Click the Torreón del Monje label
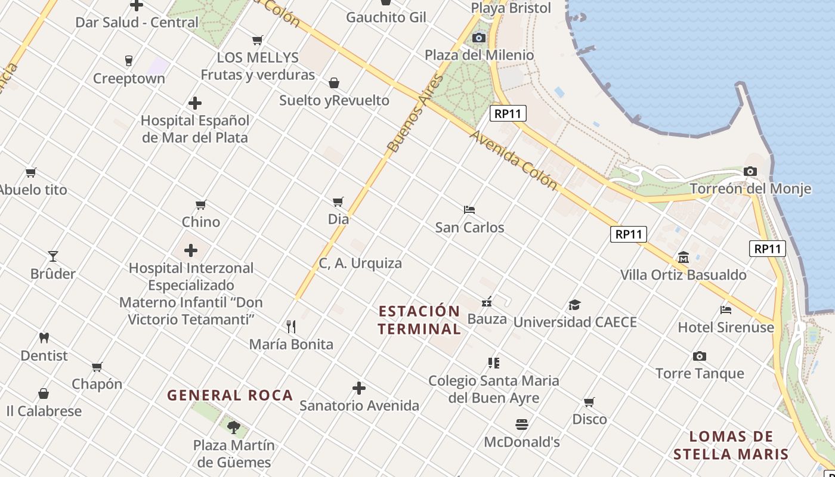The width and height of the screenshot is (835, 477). pos(750,189)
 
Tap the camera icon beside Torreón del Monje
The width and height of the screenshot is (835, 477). pos(750,172)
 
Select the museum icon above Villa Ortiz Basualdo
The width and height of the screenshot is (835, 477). pos(684,258)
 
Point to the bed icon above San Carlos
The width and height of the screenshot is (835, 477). pos(469,210)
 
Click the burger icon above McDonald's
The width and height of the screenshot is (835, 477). pos(522,425)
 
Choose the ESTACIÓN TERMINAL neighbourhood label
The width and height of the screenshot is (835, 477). pos(419,320)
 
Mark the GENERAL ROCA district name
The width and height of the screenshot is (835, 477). pos(230,395)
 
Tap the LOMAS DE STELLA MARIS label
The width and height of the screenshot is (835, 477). pos(731,445)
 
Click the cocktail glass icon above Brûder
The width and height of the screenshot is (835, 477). pos(53,256)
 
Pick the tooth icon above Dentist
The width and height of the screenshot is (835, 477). pos(44,338)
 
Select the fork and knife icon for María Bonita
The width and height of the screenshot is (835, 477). pos(291,327)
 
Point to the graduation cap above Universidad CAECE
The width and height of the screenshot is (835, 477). pos(574,305)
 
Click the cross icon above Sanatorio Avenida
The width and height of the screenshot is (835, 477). pos(359,388)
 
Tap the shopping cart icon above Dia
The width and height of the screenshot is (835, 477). pos(338,202)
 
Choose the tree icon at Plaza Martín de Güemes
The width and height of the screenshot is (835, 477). pos(234,427)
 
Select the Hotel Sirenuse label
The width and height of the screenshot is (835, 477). pos(726,327)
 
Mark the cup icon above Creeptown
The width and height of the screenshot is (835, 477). pos(128,60)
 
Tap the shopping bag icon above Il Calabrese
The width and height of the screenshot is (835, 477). pos(44,394)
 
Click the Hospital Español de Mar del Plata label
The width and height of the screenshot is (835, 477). pos(195,129)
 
